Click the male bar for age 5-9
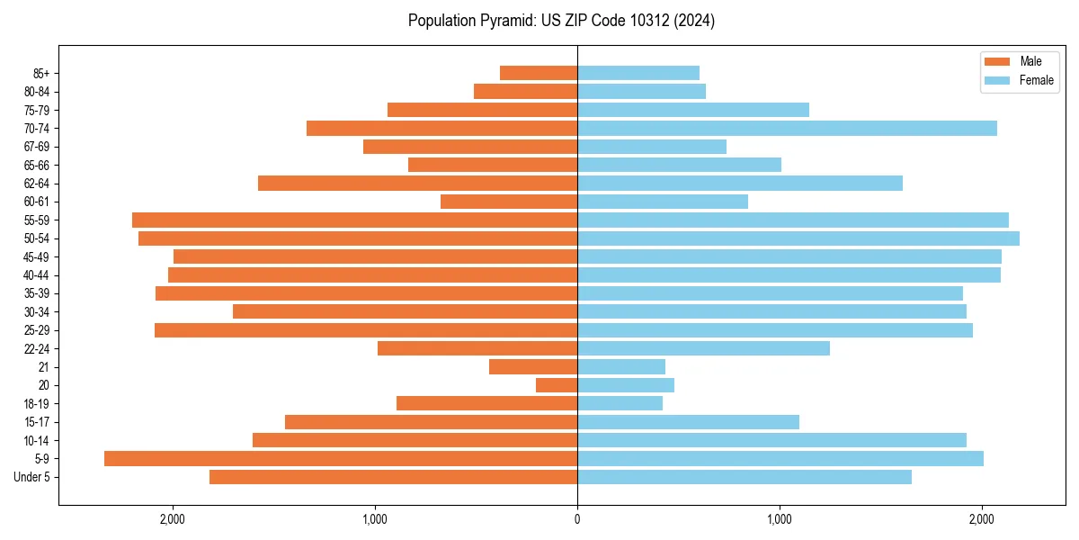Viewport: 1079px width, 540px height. point(341,458)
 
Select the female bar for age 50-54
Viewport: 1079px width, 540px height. point(798,238)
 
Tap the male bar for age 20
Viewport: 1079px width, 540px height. point(557,385)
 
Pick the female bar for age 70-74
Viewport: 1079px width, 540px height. point(787,129)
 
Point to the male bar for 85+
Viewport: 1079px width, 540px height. point(539,73)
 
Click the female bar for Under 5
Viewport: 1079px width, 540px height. point(745,477)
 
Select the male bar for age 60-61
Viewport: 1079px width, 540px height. point(509,202)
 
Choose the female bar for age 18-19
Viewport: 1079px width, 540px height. point(620,403)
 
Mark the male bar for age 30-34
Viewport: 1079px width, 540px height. point(405,311)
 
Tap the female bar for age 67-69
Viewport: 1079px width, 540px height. point(652,147)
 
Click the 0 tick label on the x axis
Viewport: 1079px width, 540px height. point(577,518)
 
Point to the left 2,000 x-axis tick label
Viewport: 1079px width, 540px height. point(172,518)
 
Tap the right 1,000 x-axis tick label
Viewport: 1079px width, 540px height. point(780,518)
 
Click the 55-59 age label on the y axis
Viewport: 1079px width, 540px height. point(36,220)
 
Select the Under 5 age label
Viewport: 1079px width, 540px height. point(31,477)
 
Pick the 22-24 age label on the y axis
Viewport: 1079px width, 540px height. point(36,348)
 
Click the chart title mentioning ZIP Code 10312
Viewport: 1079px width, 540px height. point(561,21)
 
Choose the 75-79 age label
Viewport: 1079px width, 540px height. point(36,110)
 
